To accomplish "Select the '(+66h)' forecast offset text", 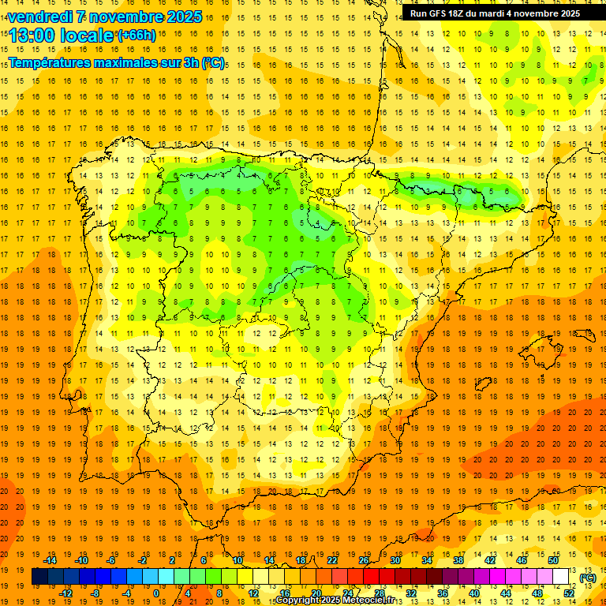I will coord(137,36).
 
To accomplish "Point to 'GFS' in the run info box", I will coord(442,13).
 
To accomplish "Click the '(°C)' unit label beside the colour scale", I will coord(588,578).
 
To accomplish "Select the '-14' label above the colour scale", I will coord(50,560).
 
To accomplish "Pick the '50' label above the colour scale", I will coord(553,560).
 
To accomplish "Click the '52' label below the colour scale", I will coord(569,593).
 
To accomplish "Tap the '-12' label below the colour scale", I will coord(66,593).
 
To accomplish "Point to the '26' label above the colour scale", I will coord(364,560).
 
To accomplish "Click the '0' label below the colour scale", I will coord(156,593).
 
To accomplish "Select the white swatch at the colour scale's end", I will coord(561,577).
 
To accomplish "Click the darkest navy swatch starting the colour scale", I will coord(39,577).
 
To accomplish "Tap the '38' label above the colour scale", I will coord(458,560).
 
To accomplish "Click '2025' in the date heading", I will coord(182,17).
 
